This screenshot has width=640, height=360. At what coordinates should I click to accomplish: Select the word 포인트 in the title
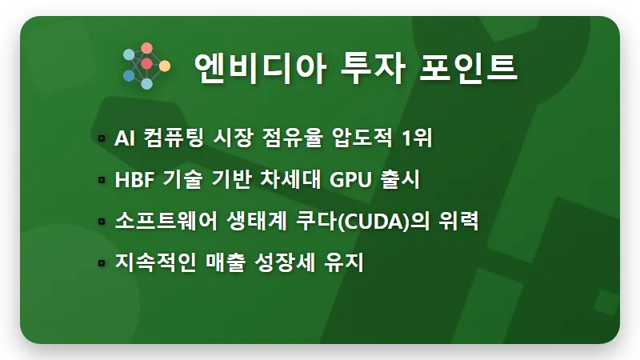pyautogui.click(x=468, y=66)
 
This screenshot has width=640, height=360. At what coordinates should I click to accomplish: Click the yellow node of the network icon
pyautogui.click(x=165, y=65)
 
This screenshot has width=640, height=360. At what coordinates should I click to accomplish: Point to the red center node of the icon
pyautogui.click(x=146, y=63)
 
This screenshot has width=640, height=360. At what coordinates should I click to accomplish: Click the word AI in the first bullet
pyautogui.click(x=124, y=138)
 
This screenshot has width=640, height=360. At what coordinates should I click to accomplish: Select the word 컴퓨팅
pyautogui.click(x=172, y=138)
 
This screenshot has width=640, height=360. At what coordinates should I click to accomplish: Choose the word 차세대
pyautogui.click(x=291, y=180)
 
